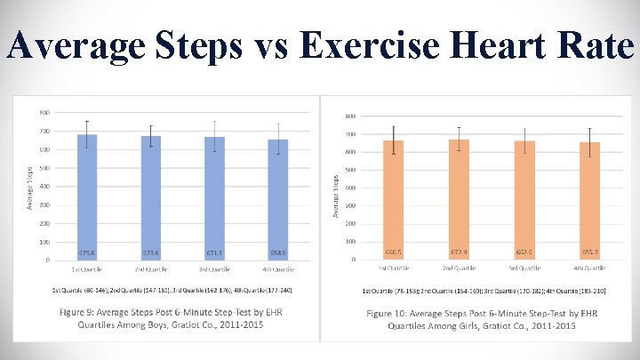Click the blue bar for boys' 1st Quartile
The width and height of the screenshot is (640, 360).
[87, 196]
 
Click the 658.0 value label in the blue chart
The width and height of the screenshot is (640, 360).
[278, 252]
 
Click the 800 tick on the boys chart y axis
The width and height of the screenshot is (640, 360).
[44, 113]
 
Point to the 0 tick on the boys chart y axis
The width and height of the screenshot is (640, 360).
[47, 260]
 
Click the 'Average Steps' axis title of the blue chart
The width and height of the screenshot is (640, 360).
[29, 185]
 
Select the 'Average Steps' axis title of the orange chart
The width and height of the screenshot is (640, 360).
[336, 195]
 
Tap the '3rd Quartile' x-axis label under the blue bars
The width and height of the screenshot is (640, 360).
[214, 268]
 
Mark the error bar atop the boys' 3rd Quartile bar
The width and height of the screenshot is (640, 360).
[214, 136]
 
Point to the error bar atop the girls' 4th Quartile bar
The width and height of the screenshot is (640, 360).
[589, 142]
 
